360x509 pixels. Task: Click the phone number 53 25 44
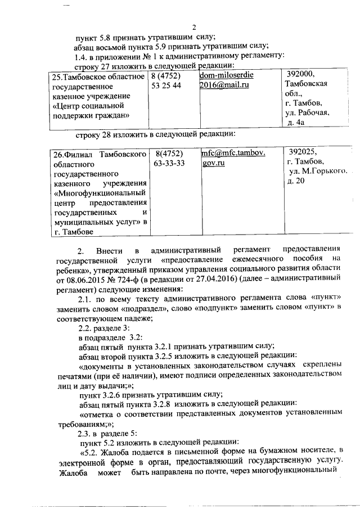[166, 85]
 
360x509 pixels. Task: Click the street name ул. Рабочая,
[307, 112]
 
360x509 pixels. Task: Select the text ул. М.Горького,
[317, 171]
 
